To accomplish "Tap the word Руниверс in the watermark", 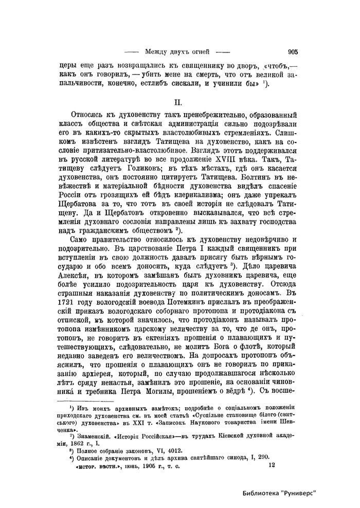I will tap(301, 492).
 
